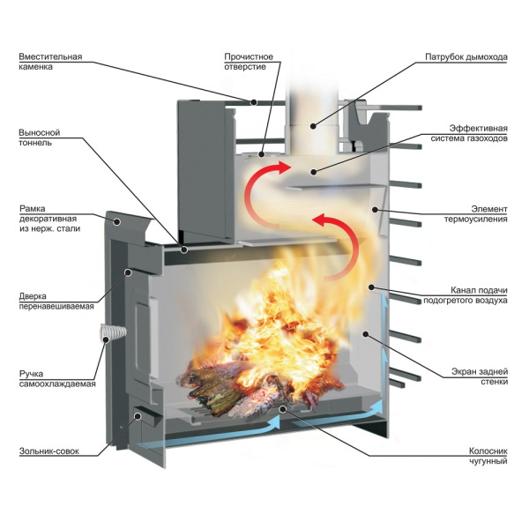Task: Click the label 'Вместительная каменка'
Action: point(49,62)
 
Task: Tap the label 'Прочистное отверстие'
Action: point(249,62)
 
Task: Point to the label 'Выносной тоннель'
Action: point(39,138)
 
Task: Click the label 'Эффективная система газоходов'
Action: point(466,132)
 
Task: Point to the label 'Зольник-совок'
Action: point(49,451)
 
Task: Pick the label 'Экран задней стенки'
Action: point(481,376)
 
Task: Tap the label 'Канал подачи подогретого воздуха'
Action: point(465,295)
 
